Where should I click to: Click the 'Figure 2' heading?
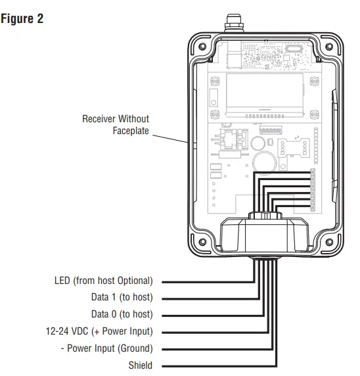pos(22,18)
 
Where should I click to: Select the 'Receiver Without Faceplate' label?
pos(116,125)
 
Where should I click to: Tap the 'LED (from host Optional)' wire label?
pos(103,281)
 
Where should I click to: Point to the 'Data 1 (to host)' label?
pos(122,297)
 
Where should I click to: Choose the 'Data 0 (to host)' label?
pos(122,314)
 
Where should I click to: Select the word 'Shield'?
pos(141,365)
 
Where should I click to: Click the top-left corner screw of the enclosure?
pos(202,49)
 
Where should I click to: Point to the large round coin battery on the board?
pos(263,161)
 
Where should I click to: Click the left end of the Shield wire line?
pos(164,365)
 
